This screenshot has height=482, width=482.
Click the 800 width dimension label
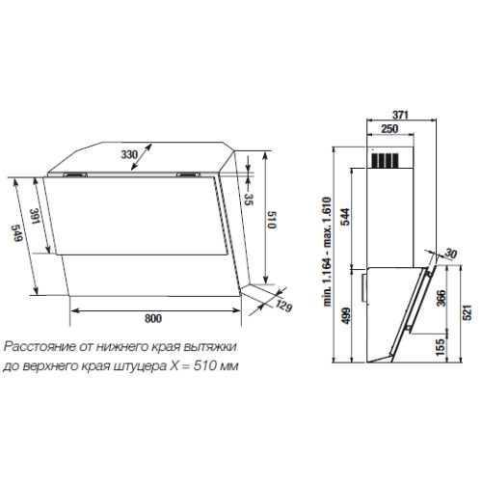(153, 318)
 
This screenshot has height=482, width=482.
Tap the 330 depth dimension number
(129, 154)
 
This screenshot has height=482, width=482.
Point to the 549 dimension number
(16, 233)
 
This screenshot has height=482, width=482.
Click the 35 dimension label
(249, 200)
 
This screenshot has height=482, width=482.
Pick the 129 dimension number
(283, 306)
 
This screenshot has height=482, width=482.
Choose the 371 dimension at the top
(400, 115)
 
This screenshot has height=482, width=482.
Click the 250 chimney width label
(389, 129)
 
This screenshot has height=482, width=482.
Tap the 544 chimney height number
(345, 217)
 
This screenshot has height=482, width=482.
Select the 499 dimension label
(346, 316)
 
